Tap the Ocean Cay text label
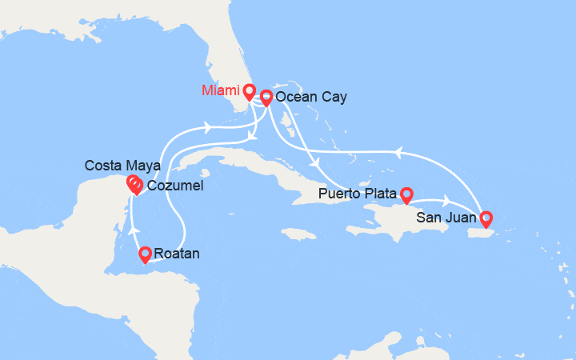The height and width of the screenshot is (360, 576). pos(310,98)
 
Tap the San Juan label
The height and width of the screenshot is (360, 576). pos(446,215)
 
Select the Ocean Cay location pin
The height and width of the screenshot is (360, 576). pos(266,97)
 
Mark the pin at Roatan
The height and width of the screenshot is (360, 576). pos(145,254)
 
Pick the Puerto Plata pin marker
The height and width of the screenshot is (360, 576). pos(406,193)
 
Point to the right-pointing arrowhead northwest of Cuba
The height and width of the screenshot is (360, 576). pos(209,126)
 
